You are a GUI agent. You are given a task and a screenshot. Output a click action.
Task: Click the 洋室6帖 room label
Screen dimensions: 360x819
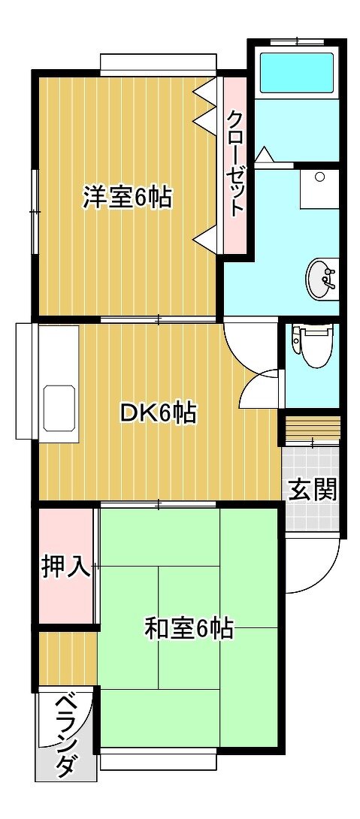coord(126,198)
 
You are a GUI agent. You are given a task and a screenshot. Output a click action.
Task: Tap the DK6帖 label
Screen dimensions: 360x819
coord(158,413)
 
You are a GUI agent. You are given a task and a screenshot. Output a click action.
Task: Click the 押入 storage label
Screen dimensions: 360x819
coord(66,567)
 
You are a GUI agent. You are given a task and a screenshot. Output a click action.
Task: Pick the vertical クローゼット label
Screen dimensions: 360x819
coord(234,164)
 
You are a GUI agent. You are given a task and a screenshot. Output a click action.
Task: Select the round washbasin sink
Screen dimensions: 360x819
coord(319,279)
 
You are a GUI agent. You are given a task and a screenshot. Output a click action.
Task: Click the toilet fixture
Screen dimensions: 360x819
coord(313,346)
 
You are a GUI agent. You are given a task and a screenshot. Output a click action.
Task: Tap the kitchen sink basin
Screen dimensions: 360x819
coord(59,409)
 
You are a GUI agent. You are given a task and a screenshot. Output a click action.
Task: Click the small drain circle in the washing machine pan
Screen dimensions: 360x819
coord(319,177)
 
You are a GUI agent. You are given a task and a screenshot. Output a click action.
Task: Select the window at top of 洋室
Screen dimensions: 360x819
coord(159,65)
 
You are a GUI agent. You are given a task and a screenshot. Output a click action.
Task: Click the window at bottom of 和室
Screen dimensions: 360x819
coord(158,759)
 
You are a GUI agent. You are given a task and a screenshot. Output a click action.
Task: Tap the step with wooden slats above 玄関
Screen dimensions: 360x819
coord(312,428)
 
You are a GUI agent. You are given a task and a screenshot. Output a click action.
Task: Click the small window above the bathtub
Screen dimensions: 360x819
coord(296,42)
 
